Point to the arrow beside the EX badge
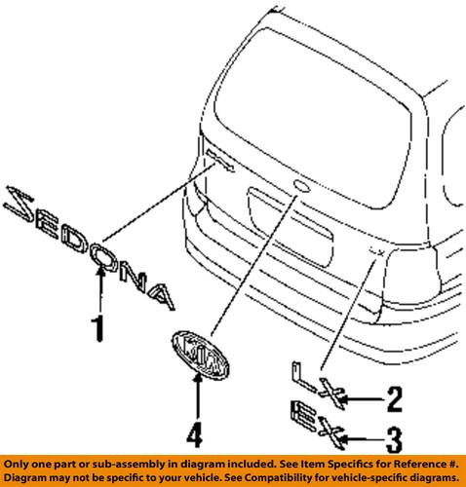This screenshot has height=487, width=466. coord(358,435)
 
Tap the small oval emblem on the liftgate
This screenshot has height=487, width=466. coord(299,185)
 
